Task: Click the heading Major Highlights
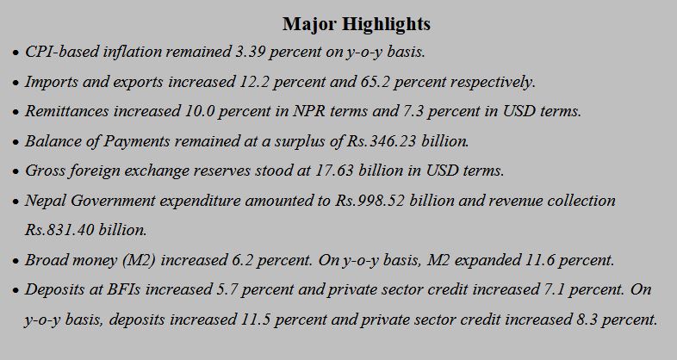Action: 356,23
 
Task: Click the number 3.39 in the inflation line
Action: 252,53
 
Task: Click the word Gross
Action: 44,171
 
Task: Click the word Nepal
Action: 44,201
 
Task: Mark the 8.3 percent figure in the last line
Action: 584,319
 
